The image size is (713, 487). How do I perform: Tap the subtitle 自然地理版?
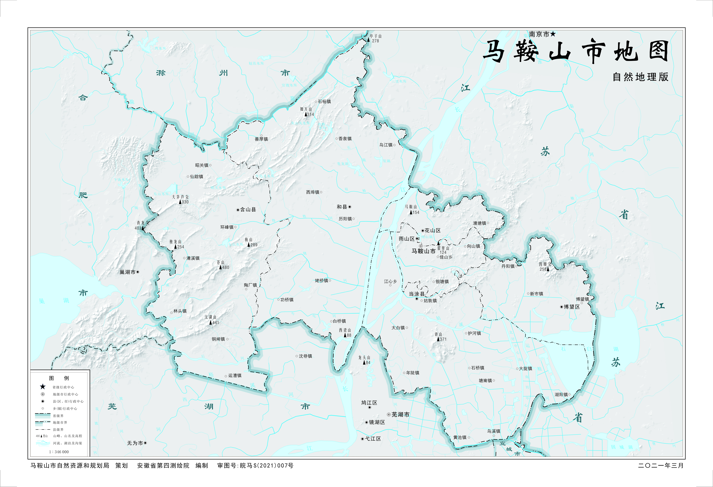click(640, 77)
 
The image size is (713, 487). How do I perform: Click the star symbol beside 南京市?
click(553, 34)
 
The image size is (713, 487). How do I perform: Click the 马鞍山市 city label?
click(423, 251)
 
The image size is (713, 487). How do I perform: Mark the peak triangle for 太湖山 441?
click(211, 323)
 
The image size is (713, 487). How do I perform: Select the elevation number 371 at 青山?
click(443, 339)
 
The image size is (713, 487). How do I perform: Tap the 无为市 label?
click(135, 443)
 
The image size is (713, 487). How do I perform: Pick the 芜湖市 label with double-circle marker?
click(400, 415)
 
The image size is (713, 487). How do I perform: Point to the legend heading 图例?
click(59, 378)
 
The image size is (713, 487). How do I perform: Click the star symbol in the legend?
click(43, 387)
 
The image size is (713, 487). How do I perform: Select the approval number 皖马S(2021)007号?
click(266, 465)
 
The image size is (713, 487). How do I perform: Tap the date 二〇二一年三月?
click(661, 465)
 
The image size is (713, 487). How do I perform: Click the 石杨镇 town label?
click(324, 102)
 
